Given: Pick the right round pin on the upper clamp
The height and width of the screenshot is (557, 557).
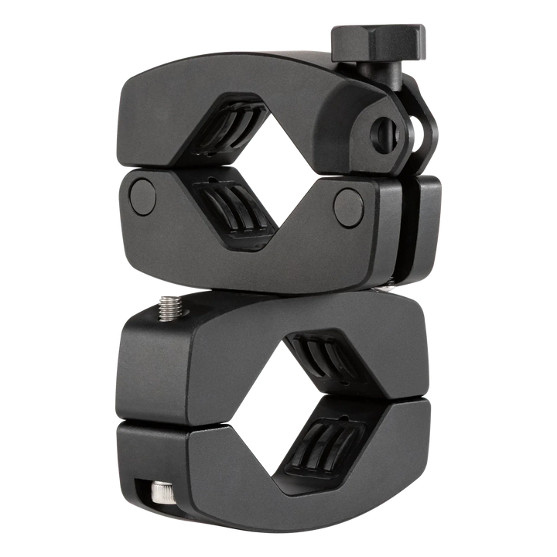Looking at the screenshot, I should click(x=349, y=203).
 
